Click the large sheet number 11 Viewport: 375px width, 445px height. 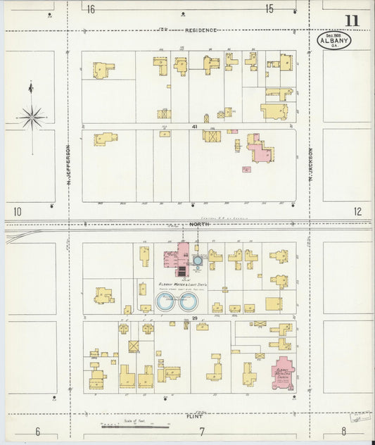[x=351, y=20]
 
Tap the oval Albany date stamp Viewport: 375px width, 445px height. [x=334, y=39]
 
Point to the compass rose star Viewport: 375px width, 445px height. [x=32, y=117]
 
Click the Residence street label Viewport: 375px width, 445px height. [x=201, y=30]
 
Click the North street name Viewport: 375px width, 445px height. [x=196, y=225]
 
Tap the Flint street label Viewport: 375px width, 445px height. [x=195, y=416]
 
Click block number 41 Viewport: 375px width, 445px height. [x=193, y=126]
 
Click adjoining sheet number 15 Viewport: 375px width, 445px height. [x=269, y=8]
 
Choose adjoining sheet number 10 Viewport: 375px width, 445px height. [x=17, y=211]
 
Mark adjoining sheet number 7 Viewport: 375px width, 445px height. [x=201, y=431]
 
